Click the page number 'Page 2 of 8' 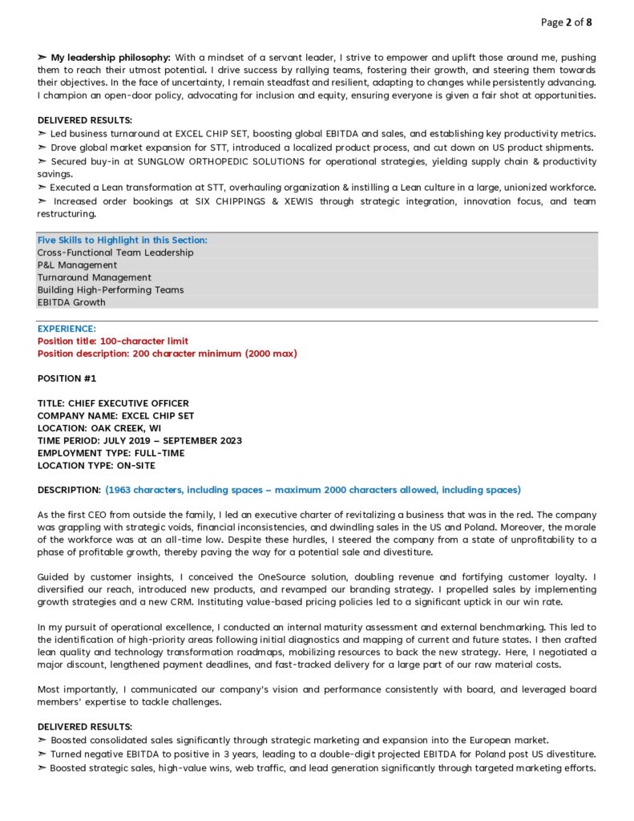567,22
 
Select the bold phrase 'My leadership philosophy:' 111,58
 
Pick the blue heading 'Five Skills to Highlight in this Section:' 122,240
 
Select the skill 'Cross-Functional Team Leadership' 115,253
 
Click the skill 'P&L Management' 77,265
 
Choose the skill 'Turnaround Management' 94,277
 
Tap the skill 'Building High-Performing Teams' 111,289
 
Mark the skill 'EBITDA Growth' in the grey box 71,302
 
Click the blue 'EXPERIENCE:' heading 67,329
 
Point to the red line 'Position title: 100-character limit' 113,341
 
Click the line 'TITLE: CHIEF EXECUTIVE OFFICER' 113,403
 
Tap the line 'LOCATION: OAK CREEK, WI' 99,428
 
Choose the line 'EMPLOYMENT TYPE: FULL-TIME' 111,453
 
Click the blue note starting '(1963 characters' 313,490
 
